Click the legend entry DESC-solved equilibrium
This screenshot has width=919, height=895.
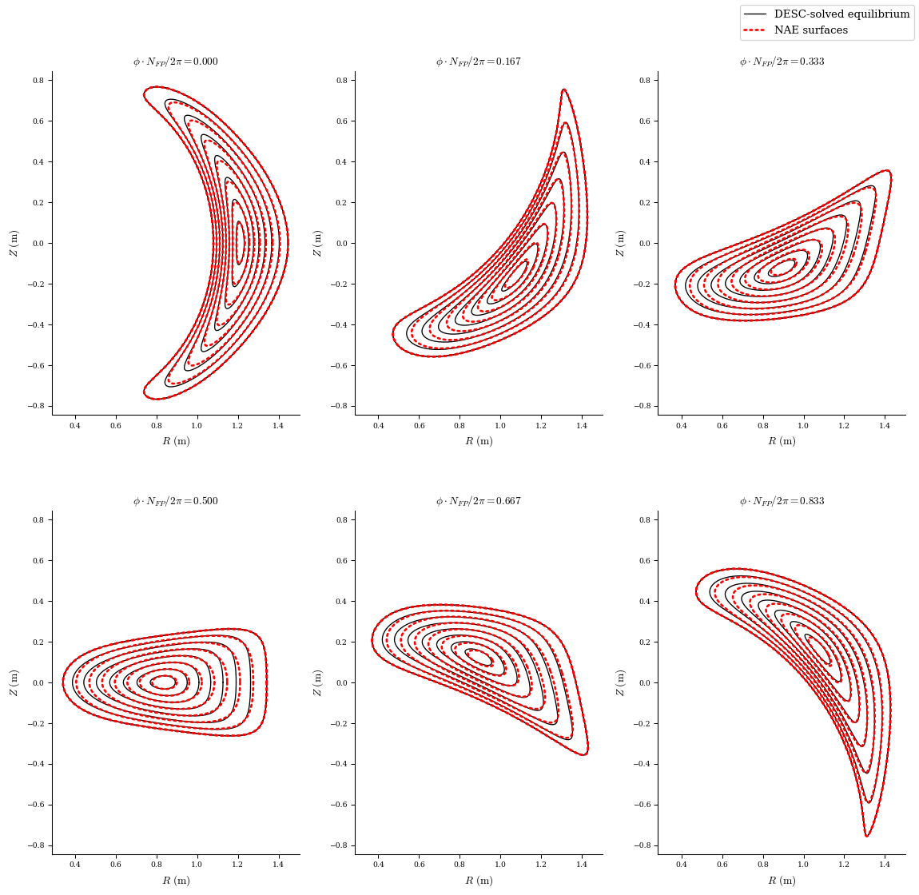pyautogui.click(x=841, y=14)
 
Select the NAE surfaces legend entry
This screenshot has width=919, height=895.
pyautogui.click(x=810, y=30)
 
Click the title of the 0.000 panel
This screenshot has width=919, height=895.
pyautogui.click(x=176, y=62)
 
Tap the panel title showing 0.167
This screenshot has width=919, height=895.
pyautogui.click(x=479, y=62)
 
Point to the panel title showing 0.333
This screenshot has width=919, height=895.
pyautogui.click(x=782, y=62)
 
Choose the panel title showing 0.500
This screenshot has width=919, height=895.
pyautogui.click(x=176, y=501)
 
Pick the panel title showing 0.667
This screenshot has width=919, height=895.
pyautogui.click(x=479, y=501)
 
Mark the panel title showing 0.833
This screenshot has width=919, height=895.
pyautogui.click(x=782, y=501)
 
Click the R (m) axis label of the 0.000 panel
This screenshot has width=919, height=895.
pyautogui.click(x=176, y=441)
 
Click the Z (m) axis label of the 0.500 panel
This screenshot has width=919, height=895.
pyautogui.click(x=14, y=682)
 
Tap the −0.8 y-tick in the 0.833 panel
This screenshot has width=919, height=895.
pyautogui.click(x=642, y=845)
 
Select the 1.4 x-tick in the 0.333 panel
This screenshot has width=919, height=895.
pyautogui.click(x=885, y=425)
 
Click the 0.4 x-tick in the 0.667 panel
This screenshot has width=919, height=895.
pyautogui.click(x=379, y=865)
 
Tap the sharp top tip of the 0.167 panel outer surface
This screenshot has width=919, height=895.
pyautogui.click(x=563, y=89)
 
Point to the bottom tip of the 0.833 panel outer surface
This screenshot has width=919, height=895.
pyautogui.click(x=866, y=836)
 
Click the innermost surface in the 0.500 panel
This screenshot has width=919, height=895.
pyautogui.click(x=163, y=682)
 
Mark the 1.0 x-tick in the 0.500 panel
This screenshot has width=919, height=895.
pyautogui.click(x=197, y=865)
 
